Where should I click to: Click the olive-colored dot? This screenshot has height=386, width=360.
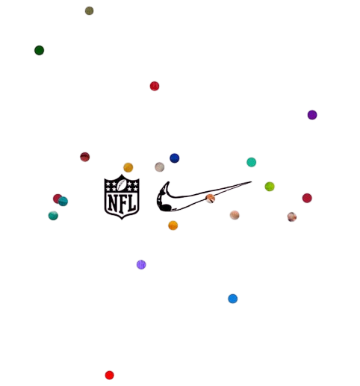pyautogui.click(x=89, y=10)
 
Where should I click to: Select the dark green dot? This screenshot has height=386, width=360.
pyautogui.click(x=39, y=50)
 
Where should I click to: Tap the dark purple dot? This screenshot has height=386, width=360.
pyautogui.click(x=312, y=115)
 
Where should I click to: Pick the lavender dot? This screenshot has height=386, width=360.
pyautogui.click(x=141, y=264)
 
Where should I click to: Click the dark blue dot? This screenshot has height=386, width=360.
pyautogui.click(x=175, y=158)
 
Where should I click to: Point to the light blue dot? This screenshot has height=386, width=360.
pyautogui.click(x=233, y=299)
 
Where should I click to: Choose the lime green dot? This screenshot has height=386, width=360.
pyautogui.click(x=270, y=187)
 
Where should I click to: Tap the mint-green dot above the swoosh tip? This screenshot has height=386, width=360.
pyautogui.click(x=252, y=162)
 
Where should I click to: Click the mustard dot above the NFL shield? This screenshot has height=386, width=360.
pyautogui.click(x=128, y=167)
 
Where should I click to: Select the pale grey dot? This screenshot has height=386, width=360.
pyautogui.click(x=160, y=166)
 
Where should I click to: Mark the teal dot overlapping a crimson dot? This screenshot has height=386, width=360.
pyautogui.click(x=63, y=201)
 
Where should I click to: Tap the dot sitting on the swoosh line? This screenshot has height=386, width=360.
pyautogui.click(x=211, y=199)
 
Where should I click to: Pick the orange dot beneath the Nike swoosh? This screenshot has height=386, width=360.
pyautogui.click(x=173, y=225)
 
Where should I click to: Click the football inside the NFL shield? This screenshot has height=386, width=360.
pyautogui.click(x=122, y=185)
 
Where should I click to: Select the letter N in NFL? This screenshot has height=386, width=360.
pyautogui.click(x=113, y=203)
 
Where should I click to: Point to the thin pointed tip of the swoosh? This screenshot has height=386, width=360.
pyautogui.click(x=250, y=182)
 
